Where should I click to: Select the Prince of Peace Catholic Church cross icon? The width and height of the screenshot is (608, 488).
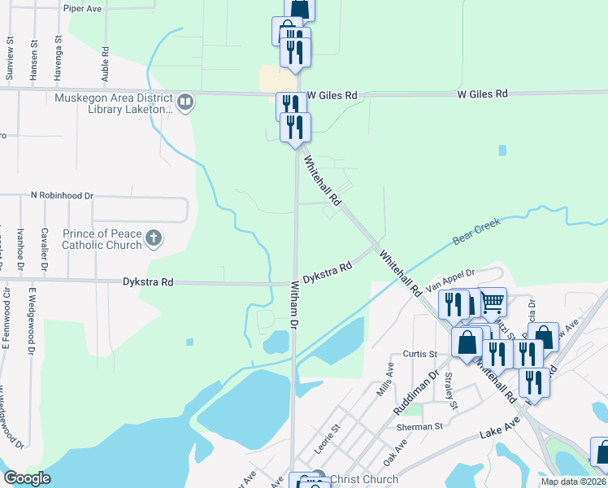(x=154, y=238)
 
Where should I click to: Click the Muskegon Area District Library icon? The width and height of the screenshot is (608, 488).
(x=185, y=102)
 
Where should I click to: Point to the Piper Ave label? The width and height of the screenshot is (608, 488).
(x=82, y=7)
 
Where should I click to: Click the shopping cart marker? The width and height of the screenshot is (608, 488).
(x=493, y=302)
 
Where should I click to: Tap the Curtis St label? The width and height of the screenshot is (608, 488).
(x=420, y=354)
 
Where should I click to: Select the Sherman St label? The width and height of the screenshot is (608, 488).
(x=419, y=426)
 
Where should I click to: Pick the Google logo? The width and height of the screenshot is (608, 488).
(x=27, y=478)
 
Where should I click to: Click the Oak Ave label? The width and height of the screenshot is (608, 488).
(x=395, y=450)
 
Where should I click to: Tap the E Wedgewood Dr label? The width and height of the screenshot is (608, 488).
(x=33, y=320)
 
